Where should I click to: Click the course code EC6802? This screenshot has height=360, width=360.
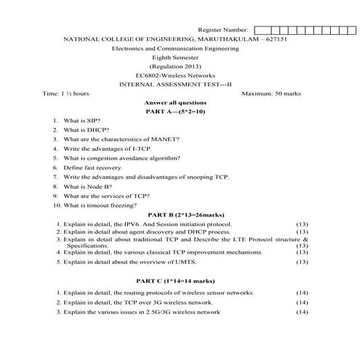[150, 75]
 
